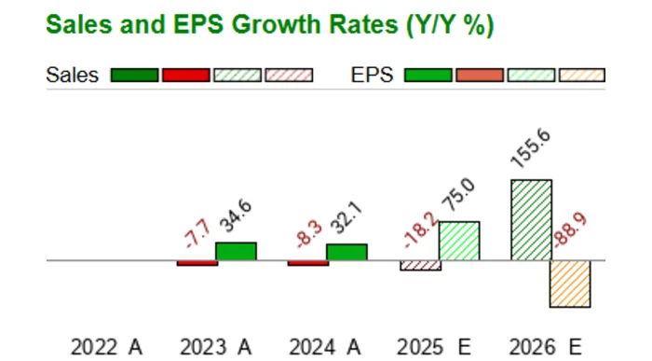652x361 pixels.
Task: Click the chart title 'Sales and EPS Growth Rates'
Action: (269, 25)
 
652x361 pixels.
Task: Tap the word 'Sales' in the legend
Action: (72, 76)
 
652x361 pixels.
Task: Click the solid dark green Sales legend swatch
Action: (134, 76)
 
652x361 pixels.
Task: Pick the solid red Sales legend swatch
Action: (185, 76)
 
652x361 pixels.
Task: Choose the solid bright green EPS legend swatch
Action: (428, 76)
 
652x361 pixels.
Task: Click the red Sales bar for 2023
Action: (197, 263)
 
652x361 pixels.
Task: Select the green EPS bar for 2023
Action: (236, 252)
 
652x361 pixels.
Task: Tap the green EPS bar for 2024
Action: (346, 253)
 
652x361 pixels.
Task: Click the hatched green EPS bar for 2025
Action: (458, 242)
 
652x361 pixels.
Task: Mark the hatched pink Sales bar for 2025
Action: (420, 266)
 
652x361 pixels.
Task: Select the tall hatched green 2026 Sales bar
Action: (531, 220)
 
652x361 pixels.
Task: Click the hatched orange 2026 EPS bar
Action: (569, 284)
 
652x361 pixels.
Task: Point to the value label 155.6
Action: (530, 149)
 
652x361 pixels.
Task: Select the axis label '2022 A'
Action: (106, 347)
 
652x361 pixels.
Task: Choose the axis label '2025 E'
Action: (433, 347)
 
